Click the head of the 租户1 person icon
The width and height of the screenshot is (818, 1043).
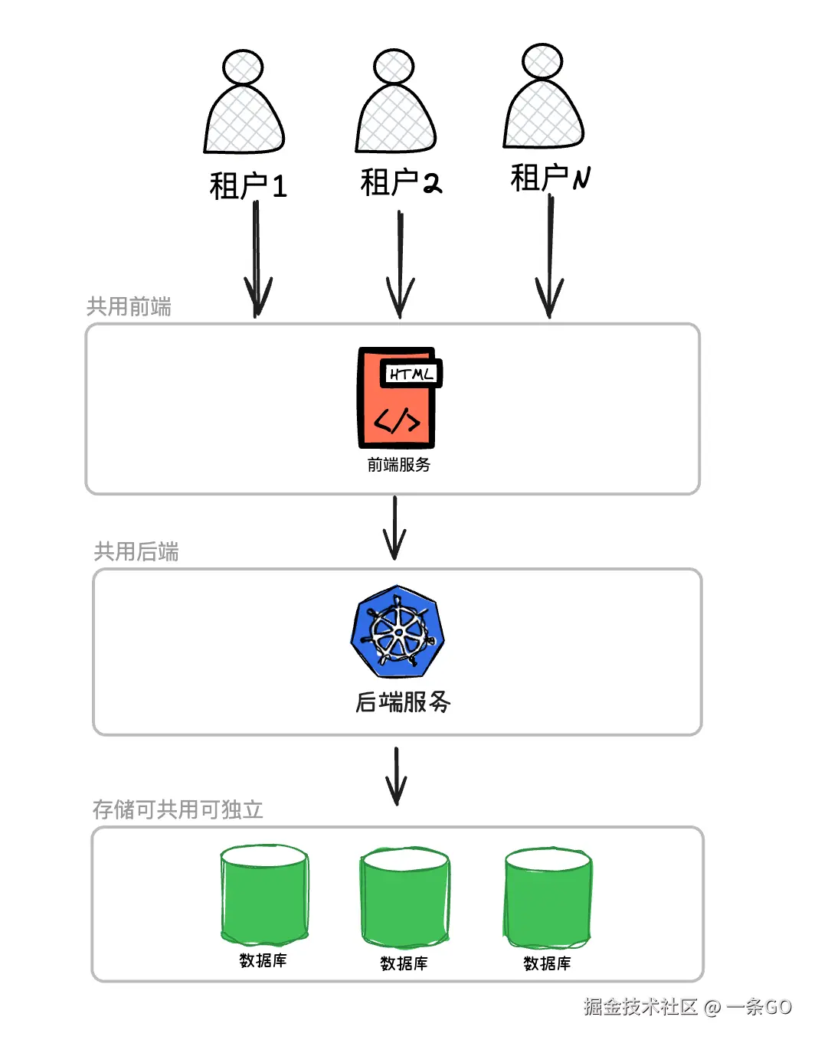[x=243, y=67]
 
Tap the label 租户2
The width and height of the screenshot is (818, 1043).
[x=401, y=182]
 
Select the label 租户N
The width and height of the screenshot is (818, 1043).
[x=550, y=178]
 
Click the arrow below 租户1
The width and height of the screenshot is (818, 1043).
[x=257, y=259]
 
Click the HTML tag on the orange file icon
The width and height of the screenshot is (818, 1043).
[x=411, y=374]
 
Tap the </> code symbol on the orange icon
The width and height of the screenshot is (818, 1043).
[x=397, y=421]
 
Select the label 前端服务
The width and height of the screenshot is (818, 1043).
[x=399, y=465]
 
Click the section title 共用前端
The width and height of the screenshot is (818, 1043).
[x=129, y=306]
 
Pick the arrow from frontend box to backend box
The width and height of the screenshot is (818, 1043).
[x=394, y=528]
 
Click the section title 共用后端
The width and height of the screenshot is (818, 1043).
[x=136, y=551]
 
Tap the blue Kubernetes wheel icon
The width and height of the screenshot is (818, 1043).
[x=398, y=632]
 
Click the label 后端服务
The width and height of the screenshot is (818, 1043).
[x=403, y=702]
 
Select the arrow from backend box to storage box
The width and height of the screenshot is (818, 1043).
[x=397, y=777]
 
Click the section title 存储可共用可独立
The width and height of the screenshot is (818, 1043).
[x=178, y=809]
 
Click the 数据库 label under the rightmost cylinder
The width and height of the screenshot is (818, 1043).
[x=548, y=963]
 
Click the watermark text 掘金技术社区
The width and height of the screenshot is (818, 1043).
[x=641, y=1006]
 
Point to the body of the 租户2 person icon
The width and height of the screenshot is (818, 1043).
[x=396, y=118]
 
